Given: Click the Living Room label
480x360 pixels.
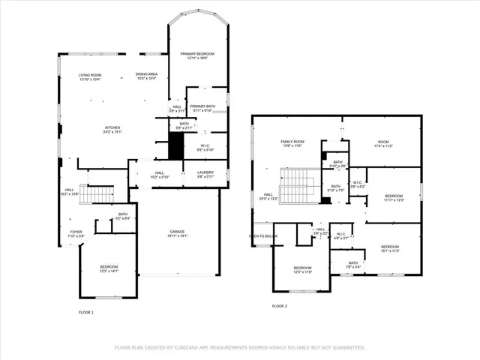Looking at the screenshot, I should click(x=91, y=75).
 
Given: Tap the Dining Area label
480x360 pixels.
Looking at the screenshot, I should click(x=146, y=74).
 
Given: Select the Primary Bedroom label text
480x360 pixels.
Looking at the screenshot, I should click(x=196, y=54).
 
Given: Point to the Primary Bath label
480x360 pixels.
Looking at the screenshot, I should click(x=202, y=106).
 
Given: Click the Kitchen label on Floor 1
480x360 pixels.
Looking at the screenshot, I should click(x=112, y=128).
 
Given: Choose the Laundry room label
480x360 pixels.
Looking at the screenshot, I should click(x=205, y=172).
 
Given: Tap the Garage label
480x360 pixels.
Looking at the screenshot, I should click(x=177, y=231).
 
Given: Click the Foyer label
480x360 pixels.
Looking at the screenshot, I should click(x=76, y=232).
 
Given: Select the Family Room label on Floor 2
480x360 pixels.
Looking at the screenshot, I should click(x=292, y=141).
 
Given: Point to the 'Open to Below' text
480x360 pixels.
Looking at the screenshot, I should click(x=263, y=235).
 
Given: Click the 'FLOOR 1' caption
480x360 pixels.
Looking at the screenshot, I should click(x=86, y=311).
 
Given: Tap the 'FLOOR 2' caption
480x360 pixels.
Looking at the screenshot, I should click(x=279, y=306).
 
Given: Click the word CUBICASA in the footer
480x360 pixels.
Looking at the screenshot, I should click(x=193, y=347).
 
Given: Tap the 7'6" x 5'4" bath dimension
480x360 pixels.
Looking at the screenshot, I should click(x=352, y=266).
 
